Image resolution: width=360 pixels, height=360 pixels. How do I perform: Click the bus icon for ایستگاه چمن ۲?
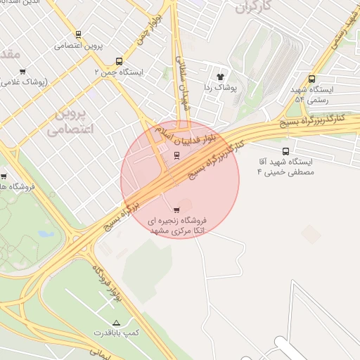coord(119,61)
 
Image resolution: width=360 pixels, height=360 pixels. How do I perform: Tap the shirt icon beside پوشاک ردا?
coord(219,76)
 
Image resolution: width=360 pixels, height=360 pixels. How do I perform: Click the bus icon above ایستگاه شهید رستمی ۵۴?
coord(312,79)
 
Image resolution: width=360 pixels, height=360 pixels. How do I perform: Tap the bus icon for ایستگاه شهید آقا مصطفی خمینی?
coord(285,151)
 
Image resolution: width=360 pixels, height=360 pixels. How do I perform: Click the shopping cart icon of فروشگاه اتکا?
coord(176,210)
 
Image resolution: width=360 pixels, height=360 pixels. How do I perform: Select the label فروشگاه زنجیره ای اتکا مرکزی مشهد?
coord(176,226)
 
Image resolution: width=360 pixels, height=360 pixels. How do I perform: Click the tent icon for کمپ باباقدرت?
coord(117,321)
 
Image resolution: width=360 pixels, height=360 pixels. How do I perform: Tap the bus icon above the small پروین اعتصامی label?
coord(78,34)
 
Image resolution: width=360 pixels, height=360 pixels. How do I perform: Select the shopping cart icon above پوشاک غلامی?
coord(23,71)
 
